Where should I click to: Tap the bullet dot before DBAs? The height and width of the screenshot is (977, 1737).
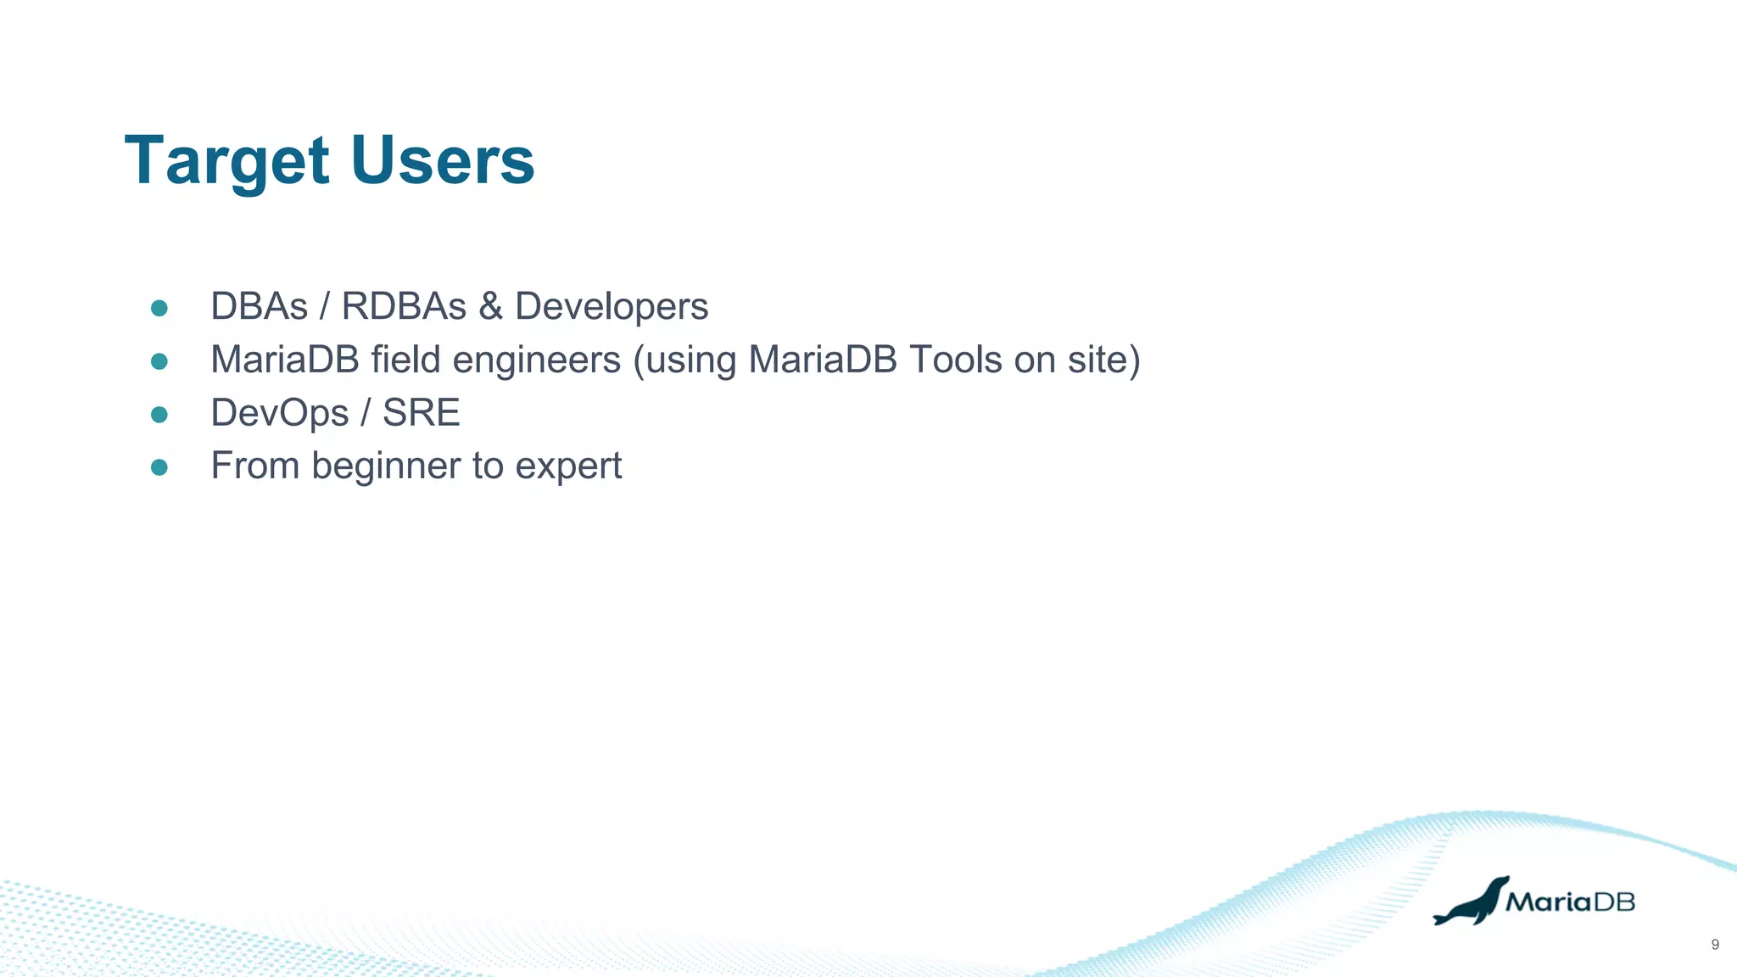pos(159,308)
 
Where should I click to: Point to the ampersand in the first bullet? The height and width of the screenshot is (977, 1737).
pos(490,306)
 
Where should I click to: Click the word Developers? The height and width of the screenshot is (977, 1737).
pos(611,307)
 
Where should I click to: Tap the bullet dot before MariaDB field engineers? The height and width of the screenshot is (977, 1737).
pos(159,361)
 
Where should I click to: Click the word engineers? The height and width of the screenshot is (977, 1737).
pos(536,360)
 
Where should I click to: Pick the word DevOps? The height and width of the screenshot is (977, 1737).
pos(280,414)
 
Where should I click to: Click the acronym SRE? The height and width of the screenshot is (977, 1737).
pos(421,413)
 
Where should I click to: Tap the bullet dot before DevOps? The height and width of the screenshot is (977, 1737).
pos(159,415)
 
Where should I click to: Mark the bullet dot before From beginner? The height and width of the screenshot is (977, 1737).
pos(159,467)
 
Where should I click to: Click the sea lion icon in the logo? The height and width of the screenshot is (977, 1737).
pos(1471,902)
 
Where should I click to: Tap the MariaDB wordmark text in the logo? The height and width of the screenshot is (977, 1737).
pos(1570,902)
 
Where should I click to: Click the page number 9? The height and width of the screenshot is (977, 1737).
pos(1715,945)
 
